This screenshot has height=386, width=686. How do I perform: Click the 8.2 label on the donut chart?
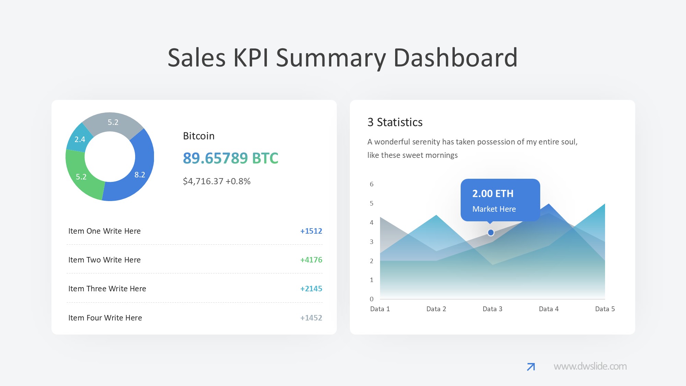pos(140,175)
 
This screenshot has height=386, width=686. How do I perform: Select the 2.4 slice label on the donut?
pos(80,139)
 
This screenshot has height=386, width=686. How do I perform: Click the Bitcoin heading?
pos(199,136)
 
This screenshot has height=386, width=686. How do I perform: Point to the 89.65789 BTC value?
pos(230,158)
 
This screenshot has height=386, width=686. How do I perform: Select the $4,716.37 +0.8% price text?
pos(216,181)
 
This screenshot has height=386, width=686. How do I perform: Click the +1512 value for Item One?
pos(311,231)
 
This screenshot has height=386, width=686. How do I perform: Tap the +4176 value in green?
pos(311,260)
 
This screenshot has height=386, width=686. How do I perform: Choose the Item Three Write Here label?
pos(107,289)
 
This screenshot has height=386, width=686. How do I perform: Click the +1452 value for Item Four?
pos(311,318)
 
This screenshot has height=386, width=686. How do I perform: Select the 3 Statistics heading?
pos(395,122)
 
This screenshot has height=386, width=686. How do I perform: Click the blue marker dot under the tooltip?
pos(491,233)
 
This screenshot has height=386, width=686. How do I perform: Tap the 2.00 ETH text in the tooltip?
pos(493,194)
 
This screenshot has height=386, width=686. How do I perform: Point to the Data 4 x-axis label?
pos(548,309)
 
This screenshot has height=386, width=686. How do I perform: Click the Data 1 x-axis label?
pos(380,309)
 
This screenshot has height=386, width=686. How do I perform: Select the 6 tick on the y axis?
pos(371,184)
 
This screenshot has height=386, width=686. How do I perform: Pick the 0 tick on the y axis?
pos(371,299)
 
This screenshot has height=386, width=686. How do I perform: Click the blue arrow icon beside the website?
pos(531,367)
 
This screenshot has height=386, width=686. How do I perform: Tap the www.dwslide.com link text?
pos(590,366)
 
